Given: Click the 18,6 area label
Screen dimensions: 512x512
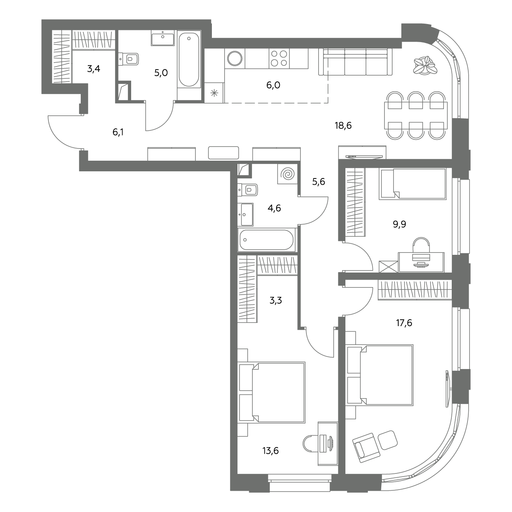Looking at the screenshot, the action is [343, 125].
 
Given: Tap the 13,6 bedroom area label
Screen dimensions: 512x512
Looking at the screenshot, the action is [271, 451].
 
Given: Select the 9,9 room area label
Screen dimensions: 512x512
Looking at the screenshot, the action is [399, 224].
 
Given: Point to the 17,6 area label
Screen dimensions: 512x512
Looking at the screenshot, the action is [404, 323].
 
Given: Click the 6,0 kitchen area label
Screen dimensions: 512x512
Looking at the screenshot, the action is [273, 85].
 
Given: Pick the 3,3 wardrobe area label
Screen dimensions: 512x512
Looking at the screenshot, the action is [276, 301].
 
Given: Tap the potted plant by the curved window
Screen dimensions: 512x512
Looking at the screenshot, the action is [425, 65].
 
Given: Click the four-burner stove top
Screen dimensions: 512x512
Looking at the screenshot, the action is [279, 58].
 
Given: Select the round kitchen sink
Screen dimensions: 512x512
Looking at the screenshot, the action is [235, 58].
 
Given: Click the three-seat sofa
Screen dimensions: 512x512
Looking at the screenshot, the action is [355, 62].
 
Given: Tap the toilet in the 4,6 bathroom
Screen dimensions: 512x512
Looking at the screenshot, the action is [248, 190].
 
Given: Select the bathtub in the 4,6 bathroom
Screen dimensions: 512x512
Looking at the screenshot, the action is [267, 240].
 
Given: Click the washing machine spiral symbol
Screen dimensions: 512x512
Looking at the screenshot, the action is [288, 174].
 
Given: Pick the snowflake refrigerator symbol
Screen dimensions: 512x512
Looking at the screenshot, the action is [214, 93].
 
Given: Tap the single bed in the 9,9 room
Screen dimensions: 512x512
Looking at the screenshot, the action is [413, 184].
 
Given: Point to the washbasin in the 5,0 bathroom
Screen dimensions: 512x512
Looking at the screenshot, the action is [163, 38].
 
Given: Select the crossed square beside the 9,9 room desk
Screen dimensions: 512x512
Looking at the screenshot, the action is [388, 267].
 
